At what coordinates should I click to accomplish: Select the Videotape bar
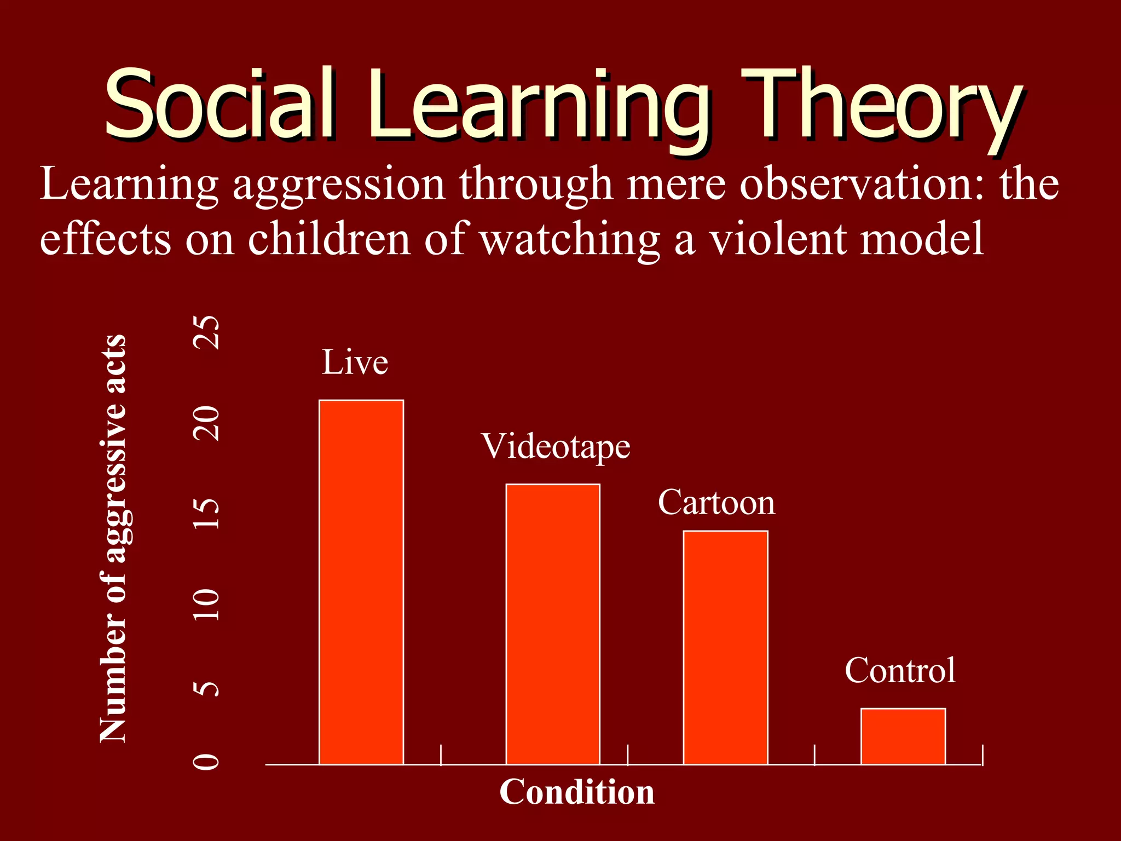coord(553,624)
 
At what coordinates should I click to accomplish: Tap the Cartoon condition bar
coord(725,647)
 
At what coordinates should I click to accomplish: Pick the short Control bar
coord(903,736)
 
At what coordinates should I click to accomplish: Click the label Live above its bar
coord(355,362)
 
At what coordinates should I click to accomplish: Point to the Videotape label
coord(556,447)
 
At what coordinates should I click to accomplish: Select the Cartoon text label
coord(716,502)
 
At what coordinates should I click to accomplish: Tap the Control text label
coord(900,670)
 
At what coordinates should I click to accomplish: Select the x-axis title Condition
coord(577,792)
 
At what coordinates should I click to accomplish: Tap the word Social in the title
coord(219,104)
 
